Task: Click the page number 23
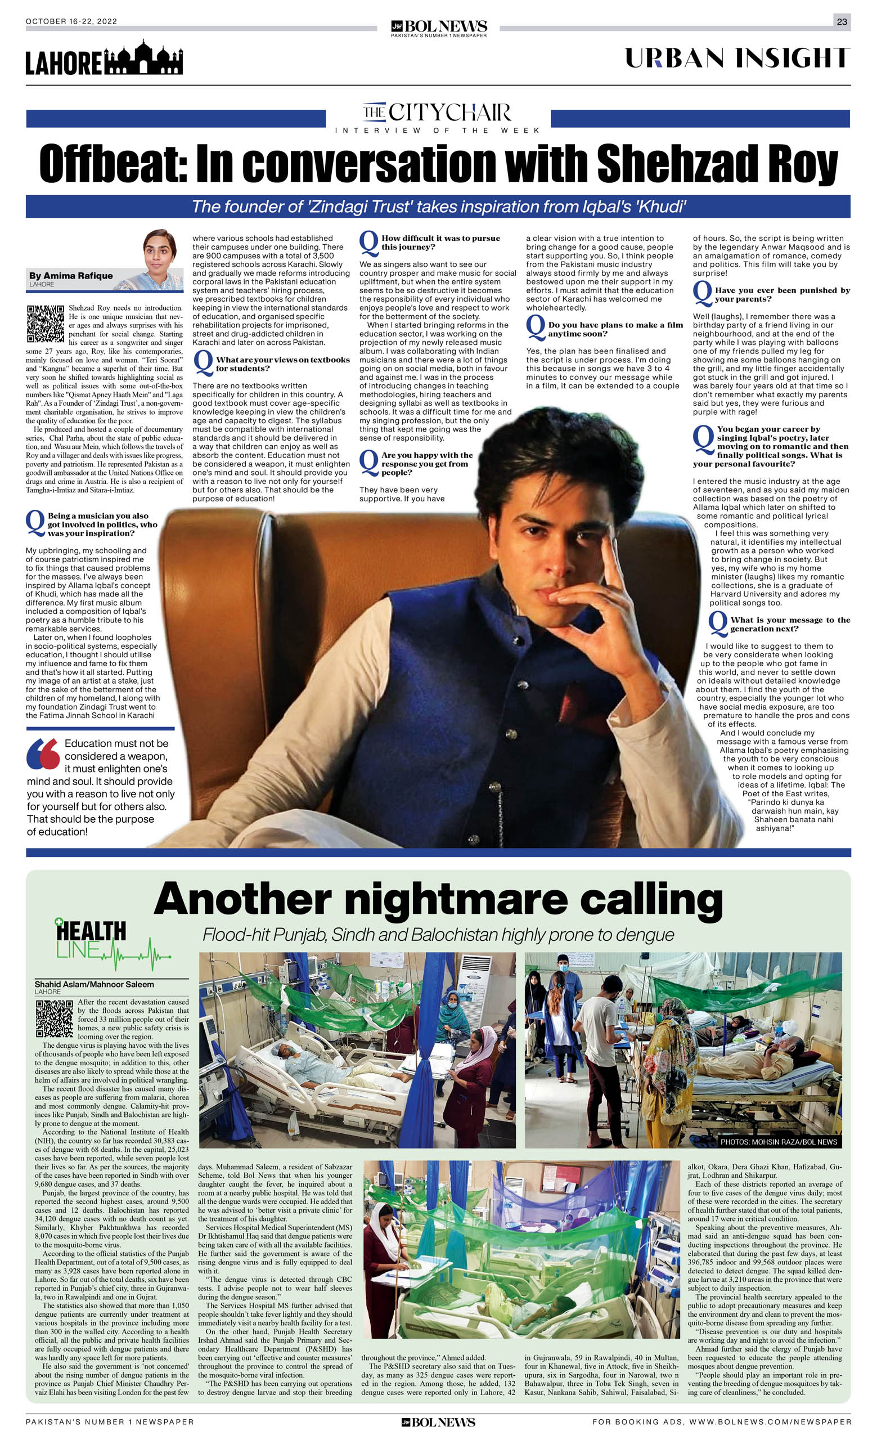coord(842,21)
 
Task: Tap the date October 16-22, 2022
coord(71,21)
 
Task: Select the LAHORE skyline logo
coord(104,59)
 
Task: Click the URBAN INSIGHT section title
coord(737,59)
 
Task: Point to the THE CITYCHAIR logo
coord(437,112)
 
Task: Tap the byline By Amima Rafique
coord(71,276)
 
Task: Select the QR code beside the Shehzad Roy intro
coord(45,323)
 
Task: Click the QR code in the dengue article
coord(55,1019)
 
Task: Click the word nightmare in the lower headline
coord(456,900)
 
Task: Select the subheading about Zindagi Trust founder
coord(438,207)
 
